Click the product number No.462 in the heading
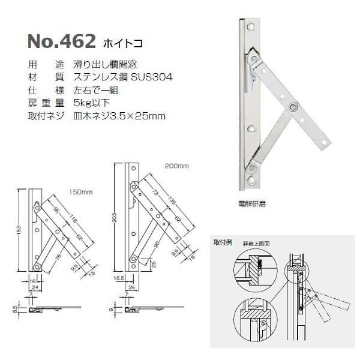[x=62, y=42]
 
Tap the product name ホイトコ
[x=123, y=44]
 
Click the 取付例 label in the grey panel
[x=222, y=242]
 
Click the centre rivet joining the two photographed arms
[x=292, y=107]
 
